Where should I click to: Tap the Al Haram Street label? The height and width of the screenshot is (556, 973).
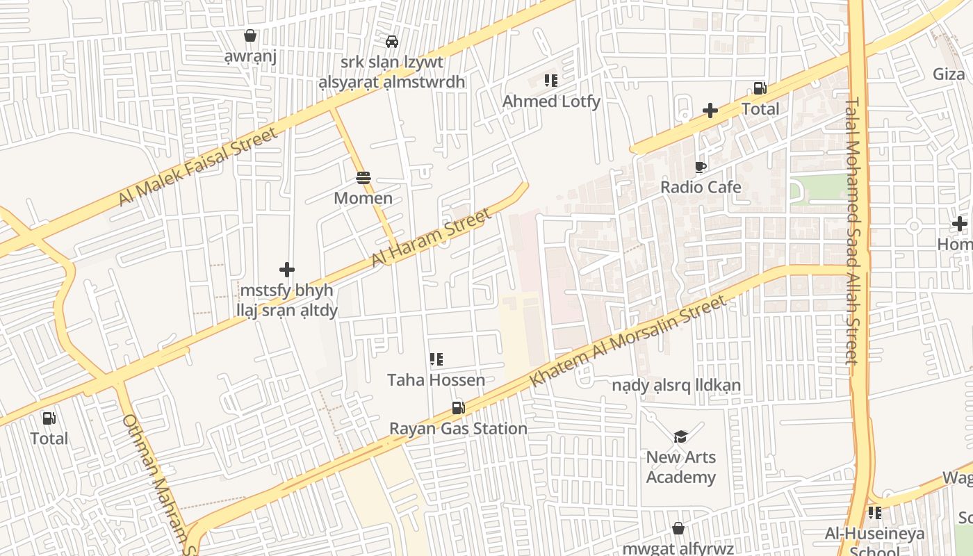tap(431, 239)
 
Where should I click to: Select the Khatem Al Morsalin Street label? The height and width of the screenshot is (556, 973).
tap(628, 341)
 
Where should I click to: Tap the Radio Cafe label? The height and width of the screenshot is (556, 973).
tap(701, 187)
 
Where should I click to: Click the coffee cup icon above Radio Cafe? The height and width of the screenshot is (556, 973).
tap(701, 167)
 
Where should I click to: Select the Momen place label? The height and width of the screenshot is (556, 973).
tap(363, 198)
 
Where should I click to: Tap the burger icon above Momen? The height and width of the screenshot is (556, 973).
tap(363, 178)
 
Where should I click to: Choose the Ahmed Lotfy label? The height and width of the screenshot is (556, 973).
tap(551, 101)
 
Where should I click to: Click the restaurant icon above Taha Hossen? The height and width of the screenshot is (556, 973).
tap(436, 359)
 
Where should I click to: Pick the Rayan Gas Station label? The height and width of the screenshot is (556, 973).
tap(458, 428)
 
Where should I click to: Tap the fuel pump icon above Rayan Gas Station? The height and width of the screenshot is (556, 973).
tap(458, 408)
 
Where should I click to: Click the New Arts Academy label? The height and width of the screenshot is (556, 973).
tap(680, 467)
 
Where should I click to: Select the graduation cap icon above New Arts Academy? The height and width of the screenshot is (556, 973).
tap(680, 436)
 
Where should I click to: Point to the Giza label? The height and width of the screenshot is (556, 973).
tap(949, 74)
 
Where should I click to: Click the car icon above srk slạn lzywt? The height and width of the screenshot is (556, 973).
tap(392, 42)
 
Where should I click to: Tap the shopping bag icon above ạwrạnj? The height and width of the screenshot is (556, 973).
tap(250, 35)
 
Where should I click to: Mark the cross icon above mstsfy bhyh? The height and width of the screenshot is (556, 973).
tap(287, 269)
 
